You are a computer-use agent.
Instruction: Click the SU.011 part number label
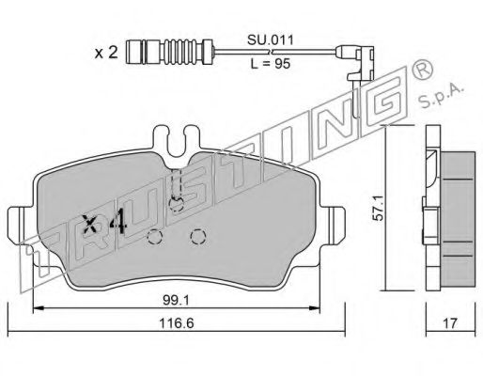271,40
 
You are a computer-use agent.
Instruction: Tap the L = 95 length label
271,64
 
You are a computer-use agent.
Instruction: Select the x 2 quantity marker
106,53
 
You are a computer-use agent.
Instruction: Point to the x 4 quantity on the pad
104,224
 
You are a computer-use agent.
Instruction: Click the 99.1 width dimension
176,301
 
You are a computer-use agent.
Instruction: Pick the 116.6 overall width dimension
177,323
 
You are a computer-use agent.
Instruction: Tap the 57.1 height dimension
379,208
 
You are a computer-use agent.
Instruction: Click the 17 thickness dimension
450,323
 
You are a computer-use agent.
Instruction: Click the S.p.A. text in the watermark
440,96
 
